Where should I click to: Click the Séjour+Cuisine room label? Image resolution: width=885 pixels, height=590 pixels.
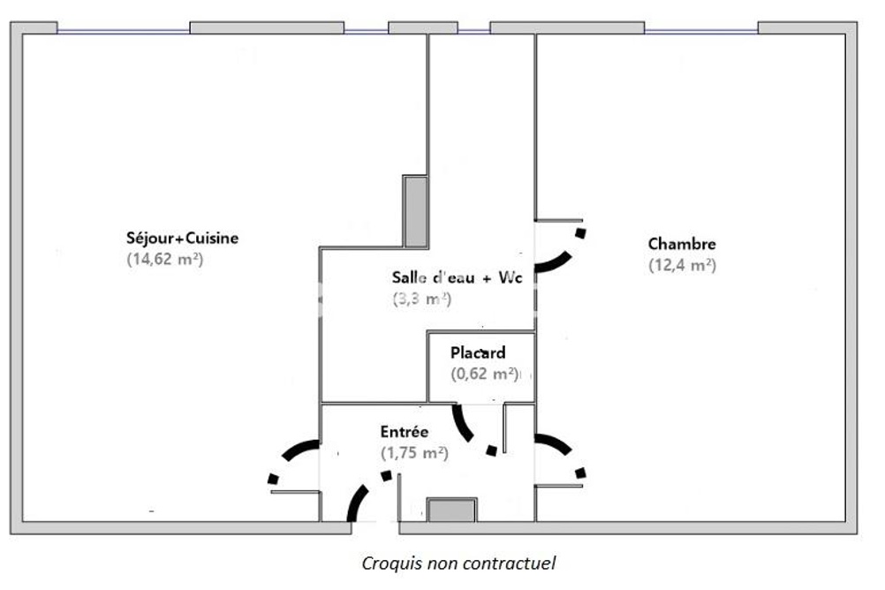coord(182,238)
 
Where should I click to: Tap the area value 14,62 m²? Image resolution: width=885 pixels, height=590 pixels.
coord(164,260)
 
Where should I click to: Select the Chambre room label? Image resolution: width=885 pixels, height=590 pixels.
coord(682,244)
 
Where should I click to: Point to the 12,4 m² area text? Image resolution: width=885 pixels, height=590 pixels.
coord(682,265)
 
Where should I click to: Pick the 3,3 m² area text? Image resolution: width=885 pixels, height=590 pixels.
coord(422,299)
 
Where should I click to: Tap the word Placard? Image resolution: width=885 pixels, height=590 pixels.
coord(478,353)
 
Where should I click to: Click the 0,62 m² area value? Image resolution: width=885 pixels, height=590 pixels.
coord(484,374)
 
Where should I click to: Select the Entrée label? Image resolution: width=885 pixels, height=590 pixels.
coord(405,432)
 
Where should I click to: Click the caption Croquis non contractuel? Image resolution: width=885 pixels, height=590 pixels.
coord(459,563)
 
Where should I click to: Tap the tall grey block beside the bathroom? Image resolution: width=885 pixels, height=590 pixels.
coord(416,211)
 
